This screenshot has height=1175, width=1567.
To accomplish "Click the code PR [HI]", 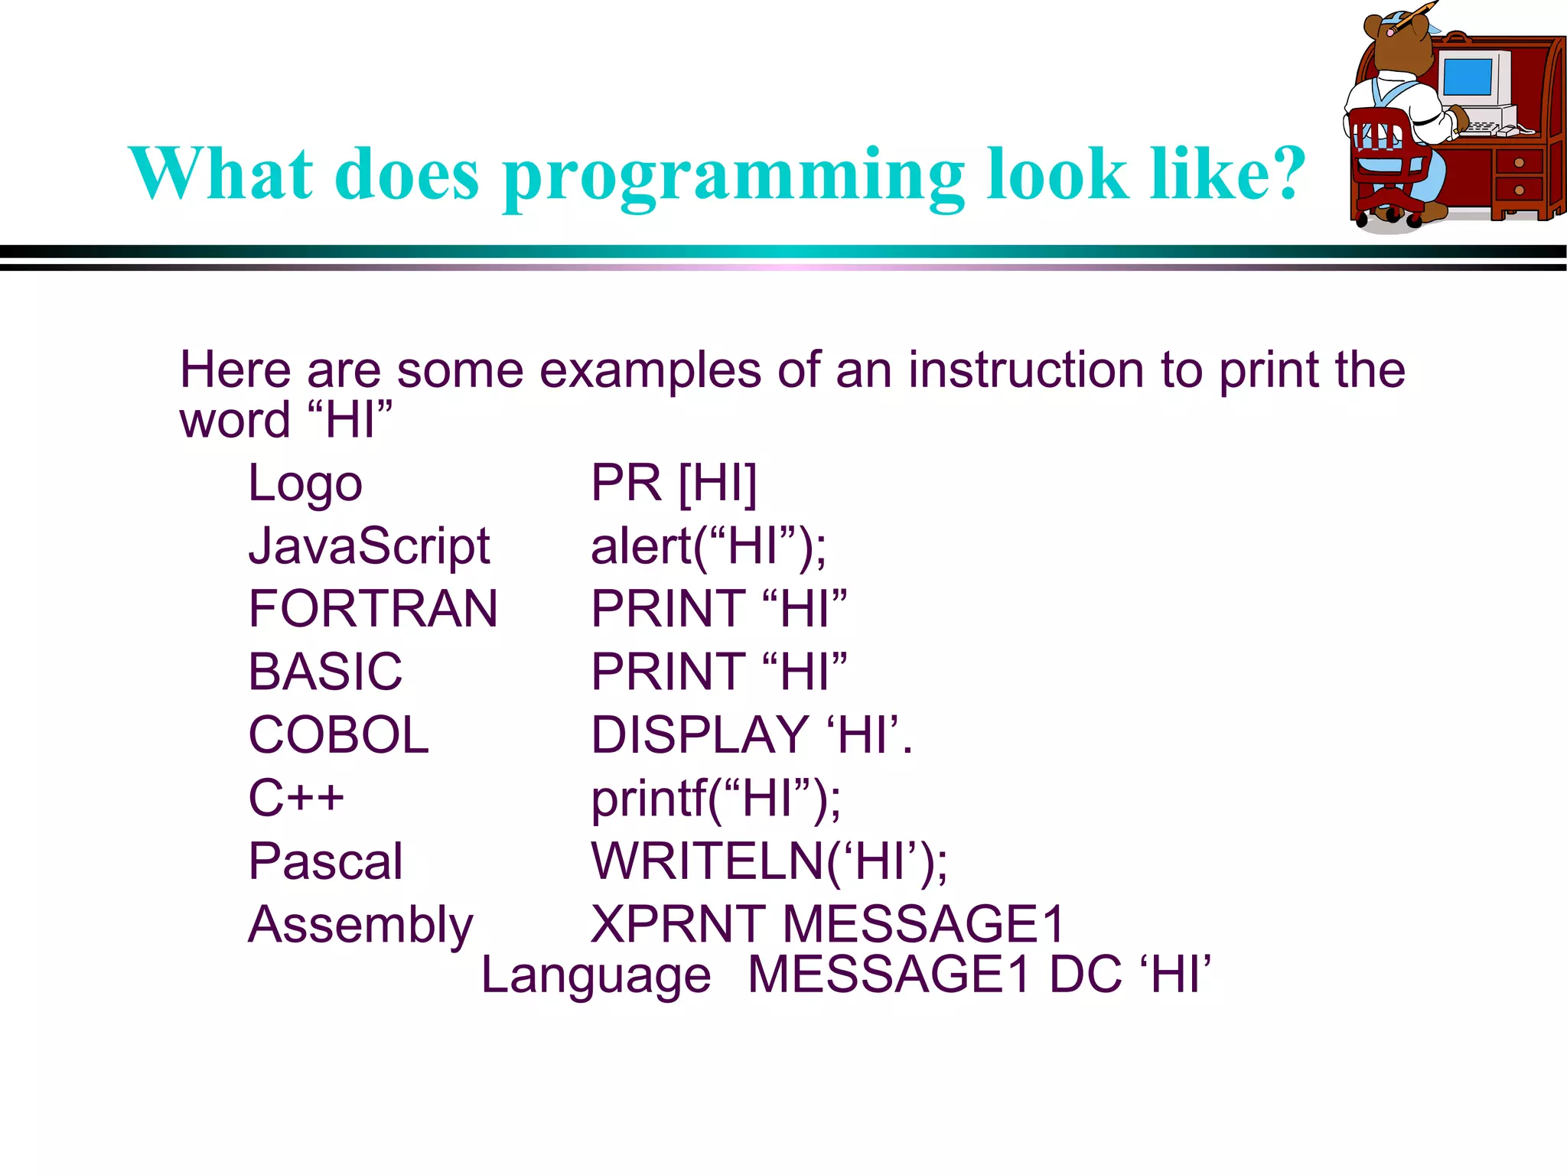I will [673, 483].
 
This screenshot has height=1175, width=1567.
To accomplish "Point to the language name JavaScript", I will [369, 547].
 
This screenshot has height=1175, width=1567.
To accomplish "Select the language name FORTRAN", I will [373, 610].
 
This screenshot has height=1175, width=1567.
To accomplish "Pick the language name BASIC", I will [325, 672].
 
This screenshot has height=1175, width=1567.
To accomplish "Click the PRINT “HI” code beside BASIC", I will [718, 672].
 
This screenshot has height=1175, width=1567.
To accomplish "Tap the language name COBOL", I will [338, 735].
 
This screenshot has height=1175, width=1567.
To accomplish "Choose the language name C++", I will [296, 798].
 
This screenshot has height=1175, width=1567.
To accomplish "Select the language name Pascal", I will [325, 861].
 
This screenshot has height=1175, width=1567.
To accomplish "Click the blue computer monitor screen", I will [1467, 77].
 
